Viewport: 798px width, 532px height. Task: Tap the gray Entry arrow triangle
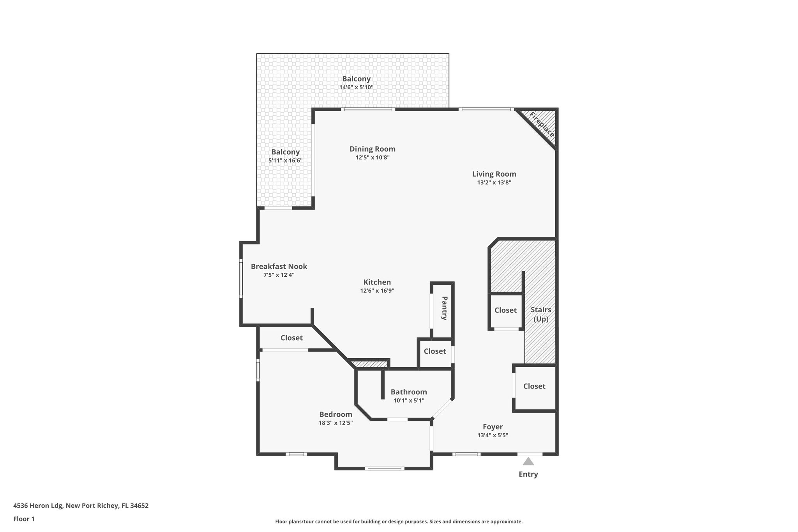click(x=528, y=462)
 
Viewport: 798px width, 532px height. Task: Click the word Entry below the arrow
click(x=528, y=474)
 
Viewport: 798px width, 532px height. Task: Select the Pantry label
click(x=444, y=308)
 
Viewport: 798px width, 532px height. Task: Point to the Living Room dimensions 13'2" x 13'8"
click(x=494, y=182)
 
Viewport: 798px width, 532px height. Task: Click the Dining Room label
click(x=372, y=149)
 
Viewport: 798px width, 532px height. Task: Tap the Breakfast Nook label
click(x=279, y=267)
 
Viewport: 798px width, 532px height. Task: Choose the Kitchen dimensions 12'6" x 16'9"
click(x=377, y=290)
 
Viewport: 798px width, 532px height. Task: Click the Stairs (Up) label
click(x=541, y=314)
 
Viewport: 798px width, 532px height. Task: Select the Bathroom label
click(x=409, y=392)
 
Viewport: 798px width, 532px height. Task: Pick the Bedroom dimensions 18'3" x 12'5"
click(x=335, y=423)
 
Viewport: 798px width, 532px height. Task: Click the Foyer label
click(x=493, y=427)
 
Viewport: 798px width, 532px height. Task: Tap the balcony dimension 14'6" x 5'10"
click(x=356, y=87)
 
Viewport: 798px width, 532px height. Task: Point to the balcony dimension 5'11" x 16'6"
click(x=285, y=161)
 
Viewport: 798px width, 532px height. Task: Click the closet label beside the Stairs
click(x=505, y=310)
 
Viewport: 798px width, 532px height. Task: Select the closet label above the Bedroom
click(x=291, y=338)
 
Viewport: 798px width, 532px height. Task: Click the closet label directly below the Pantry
click(x=434, y=351)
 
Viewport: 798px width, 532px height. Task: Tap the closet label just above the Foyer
click(x=534, y=386)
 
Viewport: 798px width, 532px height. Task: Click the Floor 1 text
click(x=24, y=519)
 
